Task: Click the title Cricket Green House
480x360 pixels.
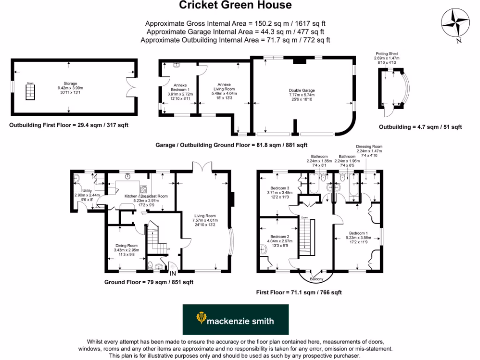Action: tap(235, 6)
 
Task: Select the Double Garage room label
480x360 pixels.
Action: tap(302, 90)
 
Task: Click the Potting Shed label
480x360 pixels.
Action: tap(386, 54)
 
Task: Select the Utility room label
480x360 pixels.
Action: tap(87, 191)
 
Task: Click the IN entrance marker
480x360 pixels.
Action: tap(173, 273)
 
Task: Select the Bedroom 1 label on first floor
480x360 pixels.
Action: tap(358, 233)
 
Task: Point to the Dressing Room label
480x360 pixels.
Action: tap(369, 146)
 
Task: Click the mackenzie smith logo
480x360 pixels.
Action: tap(235, 320)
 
